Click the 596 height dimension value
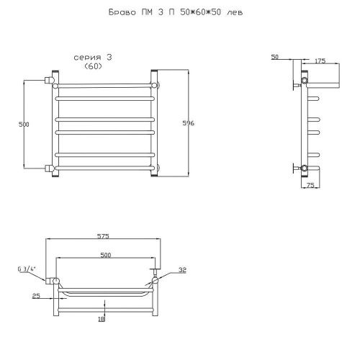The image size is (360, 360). click(189, 123)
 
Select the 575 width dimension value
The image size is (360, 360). click(103, 236)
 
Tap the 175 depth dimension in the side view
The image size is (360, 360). click(320, 61)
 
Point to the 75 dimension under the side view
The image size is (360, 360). click(310, 185)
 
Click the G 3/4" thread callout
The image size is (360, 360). click(27, 269)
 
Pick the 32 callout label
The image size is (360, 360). click(182, 270)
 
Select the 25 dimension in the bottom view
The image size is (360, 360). click(36, 296)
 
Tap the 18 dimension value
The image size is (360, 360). click(102, 319)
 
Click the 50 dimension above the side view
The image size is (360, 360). click(275, 57)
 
